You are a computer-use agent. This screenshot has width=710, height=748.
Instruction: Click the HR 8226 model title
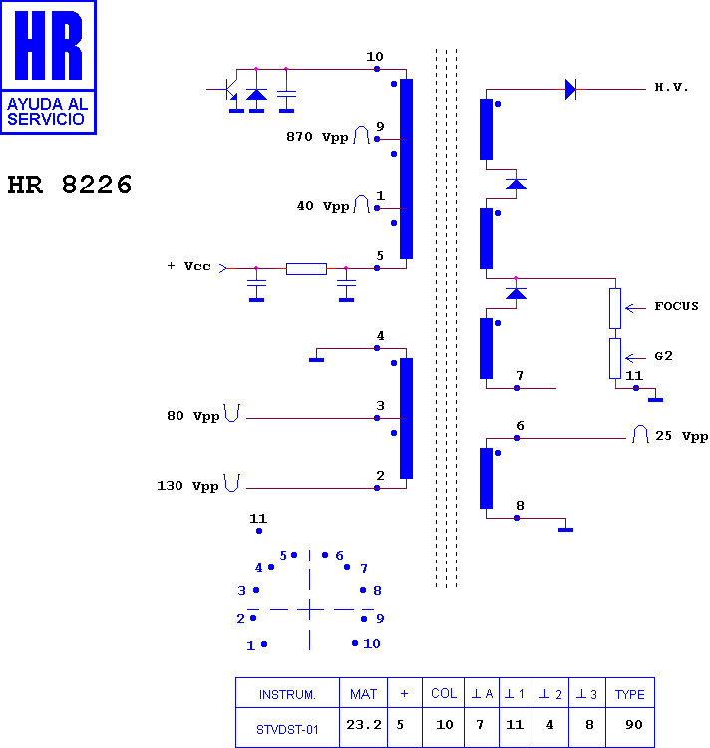(70, 185)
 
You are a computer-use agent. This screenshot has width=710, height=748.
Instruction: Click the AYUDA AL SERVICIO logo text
(47, 111)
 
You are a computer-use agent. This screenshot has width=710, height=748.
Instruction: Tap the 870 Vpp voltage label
(317, 137)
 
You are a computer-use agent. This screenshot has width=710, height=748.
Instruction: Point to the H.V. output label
(671, 87)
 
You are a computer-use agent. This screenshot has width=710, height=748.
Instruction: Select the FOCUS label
(676, 306)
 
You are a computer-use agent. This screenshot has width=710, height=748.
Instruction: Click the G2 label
(663, 356)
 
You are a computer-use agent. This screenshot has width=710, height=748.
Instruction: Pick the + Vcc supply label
(188, 266)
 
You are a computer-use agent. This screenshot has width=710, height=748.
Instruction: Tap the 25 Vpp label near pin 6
(681, 436)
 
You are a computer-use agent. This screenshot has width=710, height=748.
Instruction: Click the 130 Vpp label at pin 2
(187, 486)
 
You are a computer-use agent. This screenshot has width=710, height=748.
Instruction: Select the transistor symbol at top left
(230, 90)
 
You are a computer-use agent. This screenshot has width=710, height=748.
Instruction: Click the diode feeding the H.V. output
(570, 89)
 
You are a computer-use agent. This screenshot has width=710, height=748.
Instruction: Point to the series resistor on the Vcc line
(306, 269)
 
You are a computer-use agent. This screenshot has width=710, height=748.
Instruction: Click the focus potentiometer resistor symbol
(615, 308)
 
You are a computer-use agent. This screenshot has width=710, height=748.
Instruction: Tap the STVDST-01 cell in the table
(287, 729)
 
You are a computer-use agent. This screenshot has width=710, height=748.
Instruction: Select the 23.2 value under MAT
(364, 725)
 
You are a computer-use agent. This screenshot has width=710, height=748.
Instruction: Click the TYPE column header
(630, 694)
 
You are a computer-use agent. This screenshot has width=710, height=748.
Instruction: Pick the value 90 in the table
(633, 725)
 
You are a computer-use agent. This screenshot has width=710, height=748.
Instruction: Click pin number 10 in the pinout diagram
(371, 644)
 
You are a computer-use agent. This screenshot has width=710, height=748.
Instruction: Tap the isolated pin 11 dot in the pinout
(259, 531)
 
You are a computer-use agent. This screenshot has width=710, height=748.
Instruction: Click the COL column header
(444, 693)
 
